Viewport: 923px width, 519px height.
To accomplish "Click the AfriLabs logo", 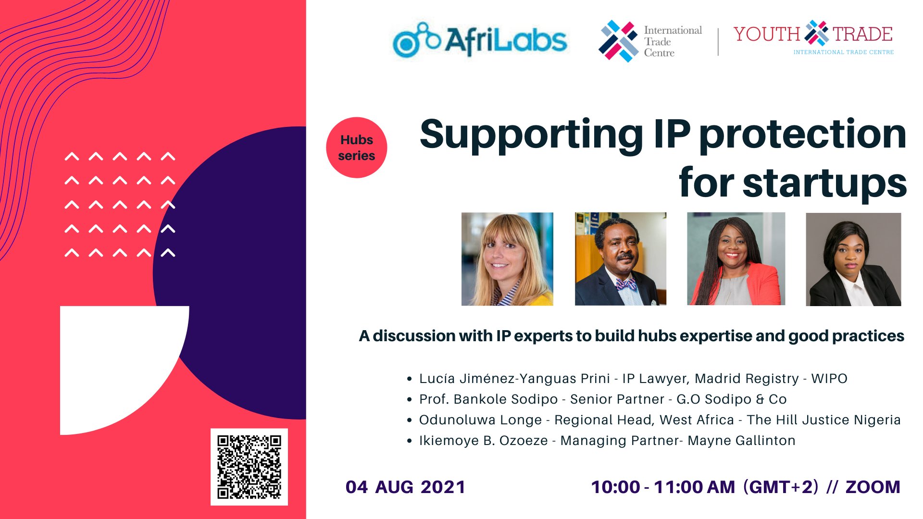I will pyautogui.click(x=480, y=40).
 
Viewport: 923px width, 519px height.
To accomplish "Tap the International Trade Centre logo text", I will pyautogui.click(x=673, y=41).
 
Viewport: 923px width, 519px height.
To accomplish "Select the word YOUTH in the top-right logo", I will pyautogui.click(x=766, y=35).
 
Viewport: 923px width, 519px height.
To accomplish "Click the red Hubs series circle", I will pyautogui.click(x=356, y=148).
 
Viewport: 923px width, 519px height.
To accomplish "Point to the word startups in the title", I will pyautogui.click(x=824, y=183).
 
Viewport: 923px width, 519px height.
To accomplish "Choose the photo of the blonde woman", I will pyautogui.click(x=507, y=259).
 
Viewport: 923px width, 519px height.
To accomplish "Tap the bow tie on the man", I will pyautogui.click(x=626, y=285).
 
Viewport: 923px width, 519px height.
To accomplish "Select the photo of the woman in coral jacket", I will pyautogui.click(x=736, y=259).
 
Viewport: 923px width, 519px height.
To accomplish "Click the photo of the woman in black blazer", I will pyautogui.click(x=853, y=259).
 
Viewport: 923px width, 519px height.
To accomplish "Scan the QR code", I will pyautogui.click(x=249, y=467).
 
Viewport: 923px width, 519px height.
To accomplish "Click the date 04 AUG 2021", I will pyautogui.click(x=405, y=487).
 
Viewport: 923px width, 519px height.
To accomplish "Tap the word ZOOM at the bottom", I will pyautogui.click(x=873, y=487).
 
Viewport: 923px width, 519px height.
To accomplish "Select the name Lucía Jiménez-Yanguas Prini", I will pyautogui.click(x=514, y=379).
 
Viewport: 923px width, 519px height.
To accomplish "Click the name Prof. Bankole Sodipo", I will pyautogui.click(x=488, y=399).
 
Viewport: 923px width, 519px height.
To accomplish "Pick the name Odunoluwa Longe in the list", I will pyautogui.click(x=480, y=420).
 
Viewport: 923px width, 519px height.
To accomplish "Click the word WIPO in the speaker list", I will pyautogui.click(x=829, y=379).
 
